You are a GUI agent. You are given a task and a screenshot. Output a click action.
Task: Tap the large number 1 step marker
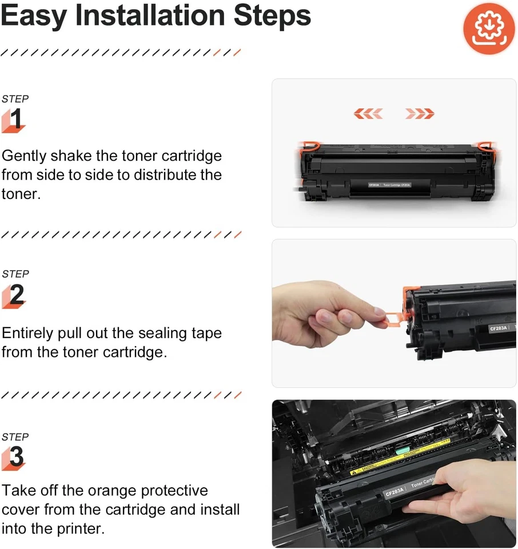tap(15, 120)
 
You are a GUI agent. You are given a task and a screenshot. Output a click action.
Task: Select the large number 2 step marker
tap(16, 295)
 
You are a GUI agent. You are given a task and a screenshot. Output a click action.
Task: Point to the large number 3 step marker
tap(16, 457)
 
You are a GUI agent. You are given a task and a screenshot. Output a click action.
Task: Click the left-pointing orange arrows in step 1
tap(368, 114)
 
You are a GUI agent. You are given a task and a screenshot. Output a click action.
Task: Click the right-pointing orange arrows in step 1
tap(420, 114)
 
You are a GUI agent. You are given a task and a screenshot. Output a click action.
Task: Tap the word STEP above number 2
tap(15, 274)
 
